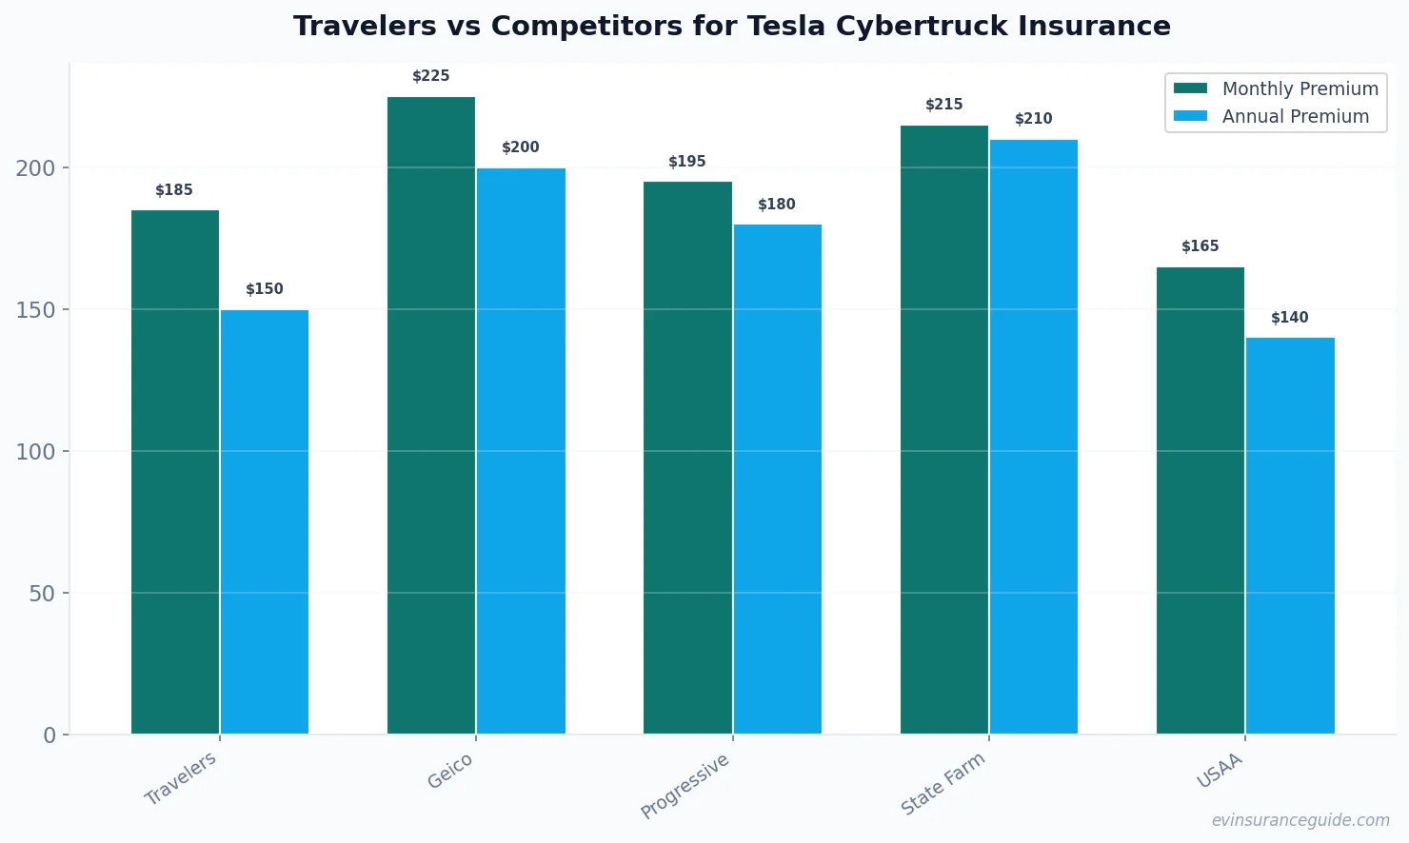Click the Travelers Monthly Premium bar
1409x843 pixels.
(x=175, y=472)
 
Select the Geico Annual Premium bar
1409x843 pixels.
(x=521, y=451)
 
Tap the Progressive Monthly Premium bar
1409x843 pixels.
(x=687, y=458)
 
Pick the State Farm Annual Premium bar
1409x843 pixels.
(x=1034, y=437)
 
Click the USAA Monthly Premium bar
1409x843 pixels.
(x=1200, y=500)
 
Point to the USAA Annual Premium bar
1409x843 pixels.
(x=1290, y=536)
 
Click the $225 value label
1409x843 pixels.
(x=431, y=76)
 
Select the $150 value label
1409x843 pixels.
(x=265, y=289)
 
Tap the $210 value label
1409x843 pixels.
(x=1034, y=119)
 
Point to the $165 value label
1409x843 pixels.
(x=1200, y=246)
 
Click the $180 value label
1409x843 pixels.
(x=777, y=205)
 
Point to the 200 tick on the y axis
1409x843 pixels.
(x=35, y=168)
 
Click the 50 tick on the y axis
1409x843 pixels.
(x=42, y=594)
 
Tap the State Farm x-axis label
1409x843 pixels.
(x=943, y=783)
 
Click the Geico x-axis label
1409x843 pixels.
(x=449, y=772)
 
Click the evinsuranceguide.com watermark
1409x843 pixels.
(x=1300, y=820)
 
